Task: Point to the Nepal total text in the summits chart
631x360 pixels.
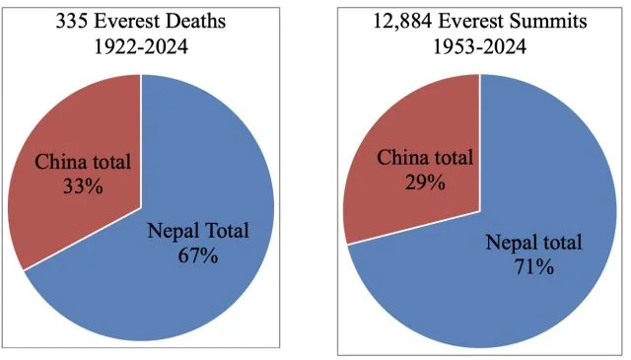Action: (x=534, y=242)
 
